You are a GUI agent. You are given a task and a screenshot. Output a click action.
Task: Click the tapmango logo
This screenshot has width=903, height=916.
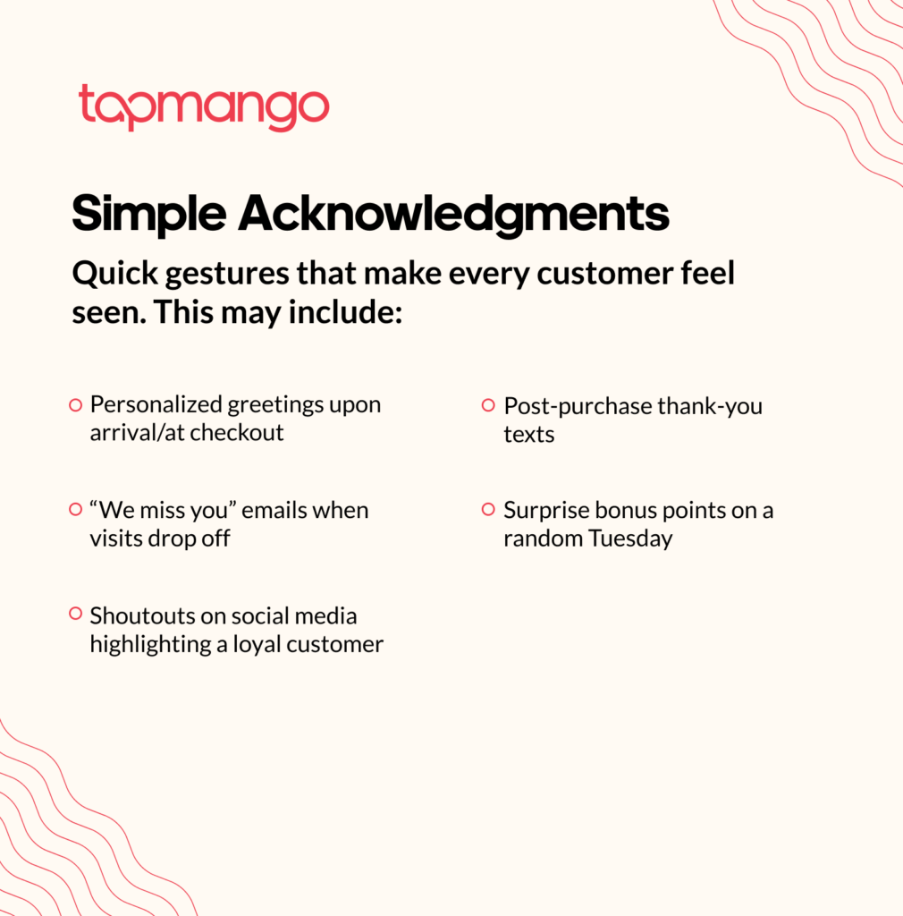coord(204,108)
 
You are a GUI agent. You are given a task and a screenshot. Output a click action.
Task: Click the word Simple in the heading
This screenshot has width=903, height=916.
coord(148,215)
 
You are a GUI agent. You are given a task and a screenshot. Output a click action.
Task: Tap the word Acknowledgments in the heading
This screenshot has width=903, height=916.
coord(453,215)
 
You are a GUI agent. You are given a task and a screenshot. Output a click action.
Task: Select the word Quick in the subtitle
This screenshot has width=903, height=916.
coord(115,274)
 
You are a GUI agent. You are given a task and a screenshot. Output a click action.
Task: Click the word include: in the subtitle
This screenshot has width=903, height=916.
coord(346,312)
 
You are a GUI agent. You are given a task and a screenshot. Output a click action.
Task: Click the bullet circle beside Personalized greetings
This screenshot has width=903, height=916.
coord(76,405)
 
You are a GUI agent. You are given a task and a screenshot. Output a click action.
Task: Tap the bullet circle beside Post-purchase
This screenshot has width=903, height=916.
coord(488,405)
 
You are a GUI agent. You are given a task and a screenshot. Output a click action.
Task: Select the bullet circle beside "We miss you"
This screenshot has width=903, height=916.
coord(76,509)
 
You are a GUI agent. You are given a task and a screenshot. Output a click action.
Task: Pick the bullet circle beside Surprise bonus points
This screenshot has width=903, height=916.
coord(488,509)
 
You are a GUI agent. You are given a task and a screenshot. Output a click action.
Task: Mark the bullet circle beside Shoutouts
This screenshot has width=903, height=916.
coord(76,614)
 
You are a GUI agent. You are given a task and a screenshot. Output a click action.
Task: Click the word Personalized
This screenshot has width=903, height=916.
coord(156,404)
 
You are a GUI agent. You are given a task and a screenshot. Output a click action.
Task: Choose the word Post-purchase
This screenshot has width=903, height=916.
coord(578,407)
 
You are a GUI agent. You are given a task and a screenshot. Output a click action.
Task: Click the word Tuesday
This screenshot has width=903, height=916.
coord(630,539)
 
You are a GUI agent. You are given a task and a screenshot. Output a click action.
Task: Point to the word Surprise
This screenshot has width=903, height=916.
coord(547,511)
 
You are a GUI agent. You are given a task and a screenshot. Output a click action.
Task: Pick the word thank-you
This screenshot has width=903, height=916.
coord(710,407)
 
